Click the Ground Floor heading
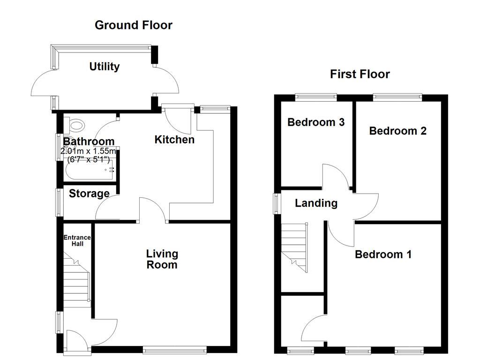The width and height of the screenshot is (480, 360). [x=133, y=25]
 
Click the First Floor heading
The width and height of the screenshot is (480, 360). [x=360, y=74]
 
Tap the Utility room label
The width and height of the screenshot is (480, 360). [x=105, y=67]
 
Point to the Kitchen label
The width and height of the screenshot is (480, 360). [x=174, y=139]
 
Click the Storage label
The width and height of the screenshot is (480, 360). [x=89, y=194]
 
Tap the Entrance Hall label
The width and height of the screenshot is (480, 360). [x=77, y=241]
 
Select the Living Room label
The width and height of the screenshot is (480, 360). [x=162, y=259]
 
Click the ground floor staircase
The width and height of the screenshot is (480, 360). [x=76, y=279]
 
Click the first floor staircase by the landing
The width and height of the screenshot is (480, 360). [x=294, y=246]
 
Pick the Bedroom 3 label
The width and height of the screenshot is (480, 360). [x=316, y=122]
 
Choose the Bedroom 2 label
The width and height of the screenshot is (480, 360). [x=397, y=131]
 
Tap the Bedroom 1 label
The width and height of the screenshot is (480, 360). [x=383, y=255]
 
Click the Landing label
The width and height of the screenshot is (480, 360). [x=316, y=203]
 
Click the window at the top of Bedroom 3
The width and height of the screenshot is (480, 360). [x=316, y=97]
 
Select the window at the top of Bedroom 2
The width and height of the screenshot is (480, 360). [x=397, y=97]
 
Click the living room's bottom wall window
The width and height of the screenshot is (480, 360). [x=174, y=349]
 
